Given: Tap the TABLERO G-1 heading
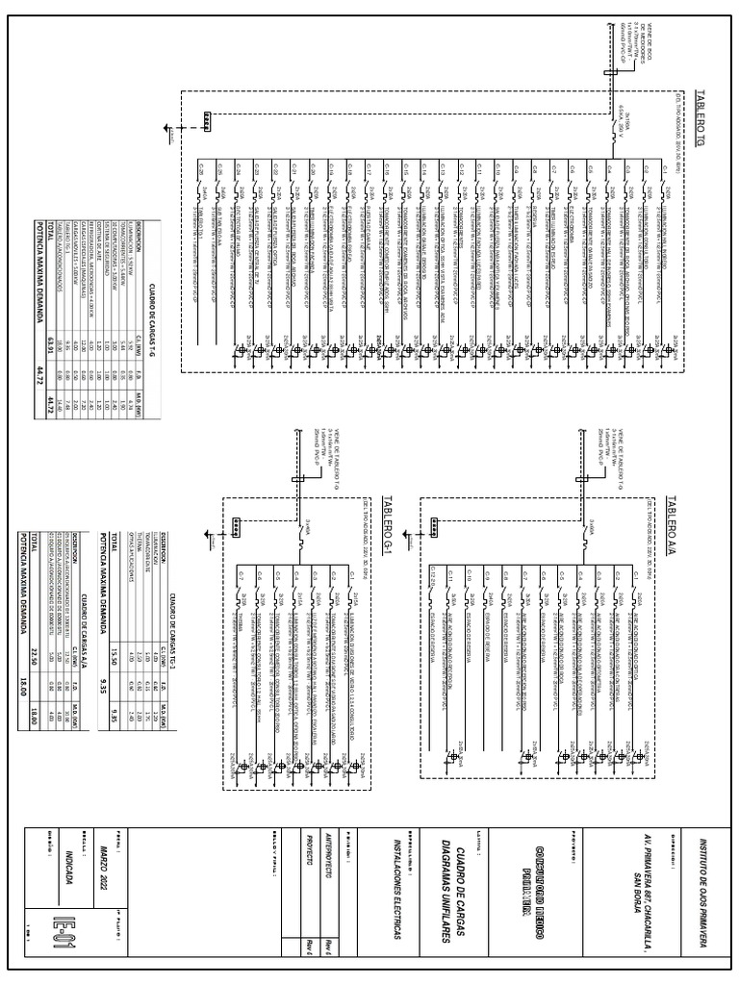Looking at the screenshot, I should (388, 522).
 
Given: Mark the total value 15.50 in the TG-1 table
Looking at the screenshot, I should (113, 627).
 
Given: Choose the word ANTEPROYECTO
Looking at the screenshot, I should (326, 866).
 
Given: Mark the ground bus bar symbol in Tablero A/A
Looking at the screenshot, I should (434, 525).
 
